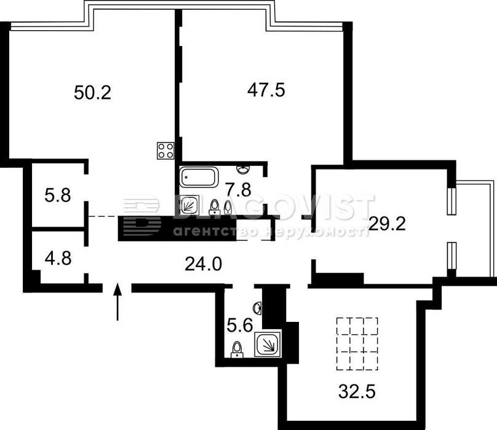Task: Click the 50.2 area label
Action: pyautogui.click(x=92, y=93)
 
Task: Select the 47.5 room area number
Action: pyautogui.click(x=266, y=90)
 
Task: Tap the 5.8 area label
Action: pyautogui.click(x=58, y=195)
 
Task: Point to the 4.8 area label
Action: pyautogui.click(x=58, y=258)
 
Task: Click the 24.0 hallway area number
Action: pyautogui.click(x=203, y=264)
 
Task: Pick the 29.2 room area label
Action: pyautogui.click(x=388, y=224)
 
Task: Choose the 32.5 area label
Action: pyautogui.click(x=357, y=391)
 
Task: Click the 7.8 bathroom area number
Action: pyautogui.click(x=238, y=190)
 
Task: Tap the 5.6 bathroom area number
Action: pyautogui.click(x=240, y=325)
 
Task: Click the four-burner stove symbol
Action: pyautogui.click(x=165, y=150)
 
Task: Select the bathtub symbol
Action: pyautogui.click(x=199, y=177)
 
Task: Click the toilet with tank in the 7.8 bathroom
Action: pyautogui.click(x=215, y=206)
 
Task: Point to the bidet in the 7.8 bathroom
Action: pyautogui.click(x=228, y=207)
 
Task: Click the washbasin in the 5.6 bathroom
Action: pyautogui.click(x=258, y=308)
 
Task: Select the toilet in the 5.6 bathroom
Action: pyautogui.click(x=237, y=350)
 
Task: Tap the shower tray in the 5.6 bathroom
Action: pyautogui.click(x=268, y=345)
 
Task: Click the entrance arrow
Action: pyautogui.click(x=117, y=302)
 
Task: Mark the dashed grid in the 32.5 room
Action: pyautogui.click(x=357, y=343)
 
